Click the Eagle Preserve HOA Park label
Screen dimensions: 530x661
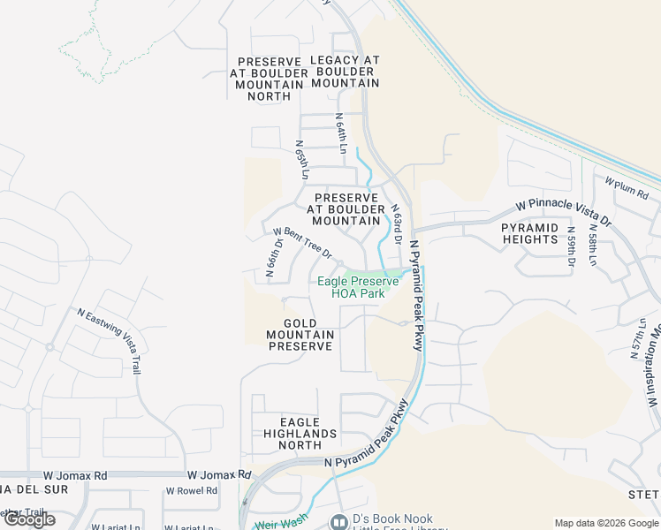click(x=358, y=287)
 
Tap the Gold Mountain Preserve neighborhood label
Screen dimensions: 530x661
click(x=300, y=335)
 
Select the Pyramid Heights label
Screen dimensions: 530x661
click(x=530, y=233)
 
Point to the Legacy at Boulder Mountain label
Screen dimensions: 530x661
click(x=345, y=72)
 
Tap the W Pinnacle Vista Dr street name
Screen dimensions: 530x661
click(x=564, y=212)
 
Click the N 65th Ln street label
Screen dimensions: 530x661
click(x=300, y=159)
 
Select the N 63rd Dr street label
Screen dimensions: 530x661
click(x=397, y=224)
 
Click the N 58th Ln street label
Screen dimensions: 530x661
click(x=592, y=250)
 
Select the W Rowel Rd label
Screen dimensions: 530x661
click(x=191, y=491)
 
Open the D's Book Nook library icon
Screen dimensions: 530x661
click(x=338, y=522)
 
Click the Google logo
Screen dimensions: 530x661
click(x=29, y=519)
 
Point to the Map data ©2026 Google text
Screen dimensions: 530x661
click(x=606, y=523)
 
